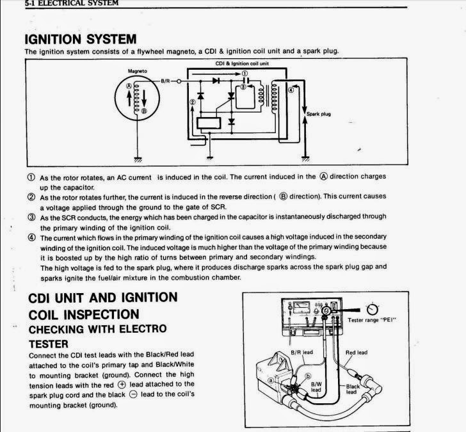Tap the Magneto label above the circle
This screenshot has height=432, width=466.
click(138, 70)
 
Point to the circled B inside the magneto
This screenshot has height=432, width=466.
click(145, 111)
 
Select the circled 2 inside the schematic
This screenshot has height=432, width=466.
click(192, 102)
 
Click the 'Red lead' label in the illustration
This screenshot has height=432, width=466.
click(355, 352)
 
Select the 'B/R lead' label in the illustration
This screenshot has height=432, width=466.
click(300, 352)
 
